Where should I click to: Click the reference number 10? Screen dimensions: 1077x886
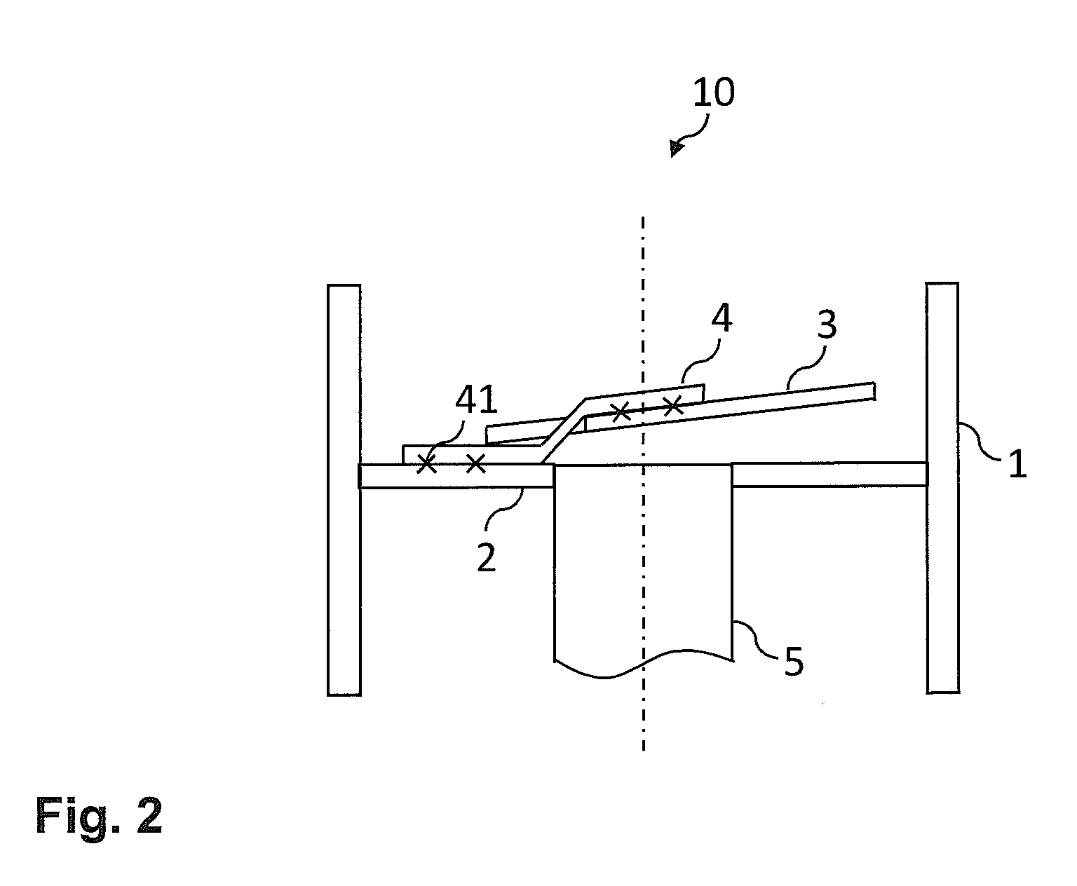pyautogui.click(x=713, y=93)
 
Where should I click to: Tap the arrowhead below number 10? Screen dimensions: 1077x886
pyautogui.click(x=676, y=149)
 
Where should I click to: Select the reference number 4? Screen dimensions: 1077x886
pyautogui.click(x=722, y=318)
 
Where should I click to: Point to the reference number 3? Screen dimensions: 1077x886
pyautogui.click(x=827, y=325)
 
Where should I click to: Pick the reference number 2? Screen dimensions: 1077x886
pyautogui.click(x=486, y=558)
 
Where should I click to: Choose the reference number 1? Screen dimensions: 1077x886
pyautogui.click(x=1017, y=464)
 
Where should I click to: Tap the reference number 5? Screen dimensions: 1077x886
pyautogui.click(x=794, y=662)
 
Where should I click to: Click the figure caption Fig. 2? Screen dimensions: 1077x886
pyautogui.click(x=99, y=816)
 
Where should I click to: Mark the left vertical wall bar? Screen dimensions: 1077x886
pyautogui.click(x=344, y=490)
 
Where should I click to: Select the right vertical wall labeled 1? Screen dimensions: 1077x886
pyautogui.click(x=942, y=488)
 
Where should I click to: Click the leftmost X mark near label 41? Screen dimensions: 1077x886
pyautogui.click(x=427, y=464)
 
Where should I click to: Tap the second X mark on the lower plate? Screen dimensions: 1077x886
pyautogui.click(x=475, y=464)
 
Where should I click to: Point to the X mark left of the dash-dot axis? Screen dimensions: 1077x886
pyautogui.click(x=621, y=411)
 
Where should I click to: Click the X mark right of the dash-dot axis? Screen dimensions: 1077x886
pyautogui.click(x=673, y=406)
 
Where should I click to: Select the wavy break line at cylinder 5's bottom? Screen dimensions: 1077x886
pyautogui.click(x=644, y=663)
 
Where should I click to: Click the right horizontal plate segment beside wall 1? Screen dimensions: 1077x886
pyautogui.click(x=829, y=475)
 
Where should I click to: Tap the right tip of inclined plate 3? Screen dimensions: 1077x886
pyautogui.click(x=875, y=391)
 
